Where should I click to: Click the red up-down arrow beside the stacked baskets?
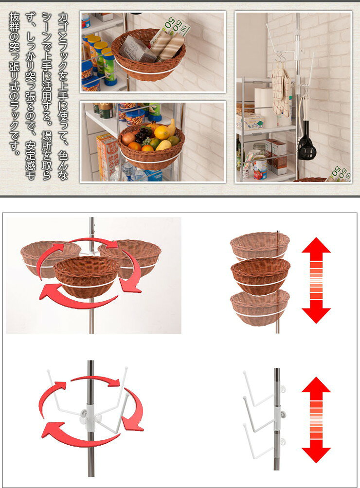(316, 280)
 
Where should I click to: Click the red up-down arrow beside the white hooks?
(316, 420)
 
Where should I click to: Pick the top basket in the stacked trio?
(260, 246)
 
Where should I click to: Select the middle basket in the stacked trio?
(261, 275)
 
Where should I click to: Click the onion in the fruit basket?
(128, 139)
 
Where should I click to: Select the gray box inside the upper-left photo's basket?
(135, 49)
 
